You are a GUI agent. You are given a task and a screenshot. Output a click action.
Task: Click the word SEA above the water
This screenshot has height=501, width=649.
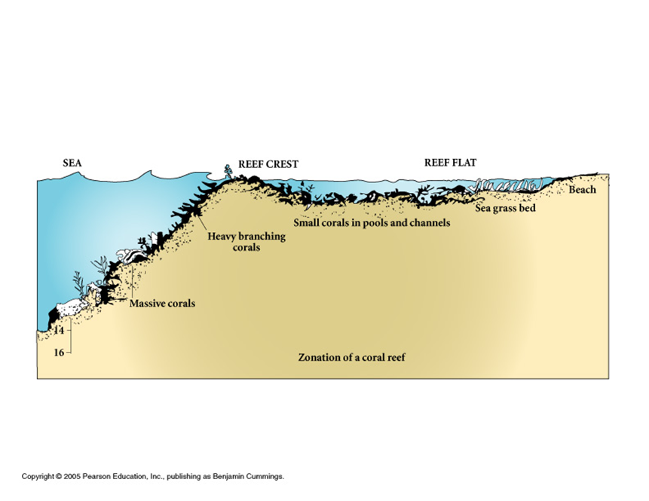(72, 163)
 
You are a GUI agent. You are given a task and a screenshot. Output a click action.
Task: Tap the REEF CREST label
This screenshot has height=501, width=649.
(268, 164)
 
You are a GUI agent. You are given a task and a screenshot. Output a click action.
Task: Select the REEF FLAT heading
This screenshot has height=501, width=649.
(451, 163)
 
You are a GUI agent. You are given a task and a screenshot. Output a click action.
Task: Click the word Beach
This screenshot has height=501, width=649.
(582, 190)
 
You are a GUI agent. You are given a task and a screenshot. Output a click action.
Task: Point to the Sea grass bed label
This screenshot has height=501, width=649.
(505, 208)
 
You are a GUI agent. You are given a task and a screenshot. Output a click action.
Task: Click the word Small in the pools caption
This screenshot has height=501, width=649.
(307, 223)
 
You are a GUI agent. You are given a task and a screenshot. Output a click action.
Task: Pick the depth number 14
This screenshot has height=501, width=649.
(58, 331)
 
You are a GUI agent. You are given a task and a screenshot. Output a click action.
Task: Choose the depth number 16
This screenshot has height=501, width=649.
(58, 352)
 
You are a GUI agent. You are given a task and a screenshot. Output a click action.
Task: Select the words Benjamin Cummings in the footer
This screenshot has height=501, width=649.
(252, 476)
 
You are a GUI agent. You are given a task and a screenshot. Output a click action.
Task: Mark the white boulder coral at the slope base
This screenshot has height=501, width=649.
(72, 307)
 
